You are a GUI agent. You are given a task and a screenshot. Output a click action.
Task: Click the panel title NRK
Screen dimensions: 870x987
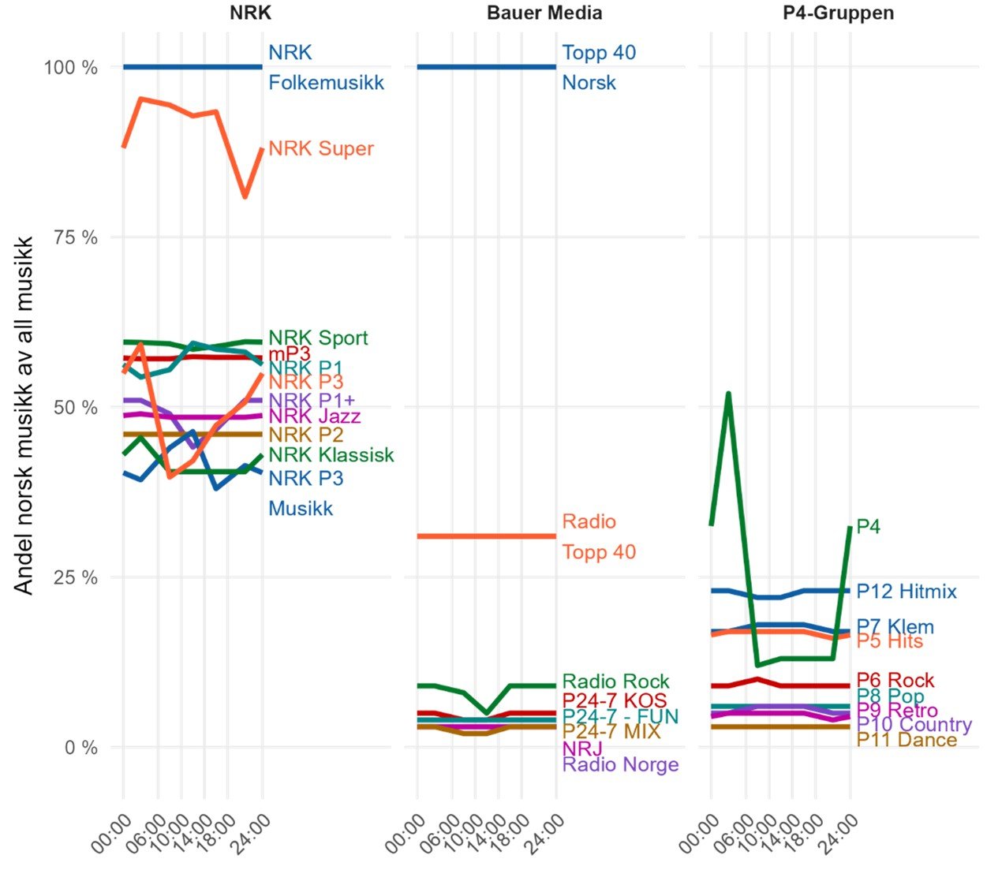[x=250, y=13]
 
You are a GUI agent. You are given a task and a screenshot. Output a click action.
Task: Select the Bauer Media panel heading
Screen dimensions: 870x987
[x=544, y=13]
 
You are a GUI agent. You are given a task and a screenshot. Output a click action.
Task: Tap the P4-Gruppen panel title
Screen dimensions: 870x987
[x=839, y=13]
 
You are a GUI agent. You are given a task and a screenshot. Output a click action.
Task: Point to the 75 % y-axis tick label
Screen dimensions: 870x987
[x=79, y=238]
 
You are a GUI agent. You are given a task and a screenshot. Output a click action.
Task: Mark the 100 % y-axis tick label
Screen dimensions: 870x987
[x=71, y=68]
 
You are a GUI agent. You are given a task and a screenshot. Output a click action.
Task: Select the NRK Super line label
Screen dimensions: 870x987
[x=321, y=149]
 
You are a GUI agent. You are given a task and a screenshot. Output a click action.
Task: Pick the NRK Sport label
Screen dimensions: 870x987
[x=318, y=338]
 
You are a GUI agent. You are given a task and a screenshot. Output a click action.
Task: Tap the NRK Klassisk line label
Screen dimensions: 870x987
[x=331, y=455]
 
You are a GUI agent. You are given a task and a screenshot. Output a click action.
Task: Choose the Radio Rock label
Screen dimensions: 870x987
[x=615, y=681]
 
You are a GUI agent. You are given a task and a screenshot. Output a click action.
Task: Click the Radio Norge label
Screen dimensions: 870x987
[x=620, y=764]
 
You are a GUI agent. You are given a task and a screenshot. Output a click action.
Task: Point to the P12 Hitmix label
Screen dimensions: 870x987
[x=907, y=592]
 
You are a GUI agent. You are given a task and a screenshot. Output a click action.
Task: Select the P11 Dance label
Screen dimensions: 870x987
[x=907, y=740]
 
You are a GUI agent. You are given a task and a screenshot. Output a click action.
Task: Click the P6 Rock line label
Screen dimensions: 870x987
[x=895, y=680]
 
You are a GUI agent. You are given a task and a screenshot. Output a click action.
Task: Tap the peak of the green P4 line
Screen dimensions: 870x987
[x=728, y=393]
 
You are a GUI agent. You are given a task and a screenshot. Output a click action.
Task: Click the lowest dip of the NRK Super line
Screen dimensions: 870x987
[x=245, y=196]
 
